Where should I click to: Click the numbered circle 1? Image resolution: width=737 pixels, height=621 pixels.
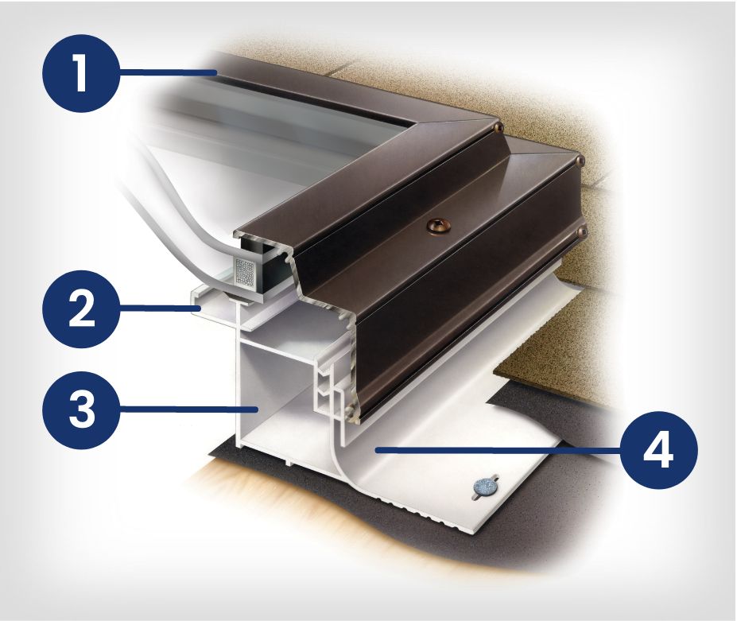click(81, 73)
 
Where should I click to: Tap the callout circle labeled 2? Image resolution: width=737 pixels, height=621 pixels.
click(81, 309)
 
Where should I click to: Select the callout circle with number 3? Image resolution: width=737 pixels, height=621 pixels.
click(81, 409)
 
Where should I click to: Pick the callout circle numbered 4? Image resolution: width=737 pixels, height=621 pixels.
click(658, 450)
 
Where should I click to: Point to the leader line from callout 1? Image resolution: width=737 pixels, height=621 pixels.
click(168, 72)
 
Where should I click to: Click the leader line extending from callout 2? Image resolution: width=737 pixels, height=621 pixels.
click(161, 309)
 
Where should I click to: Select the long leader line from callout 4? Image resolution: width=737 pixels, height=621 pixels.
click(498, 450)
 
